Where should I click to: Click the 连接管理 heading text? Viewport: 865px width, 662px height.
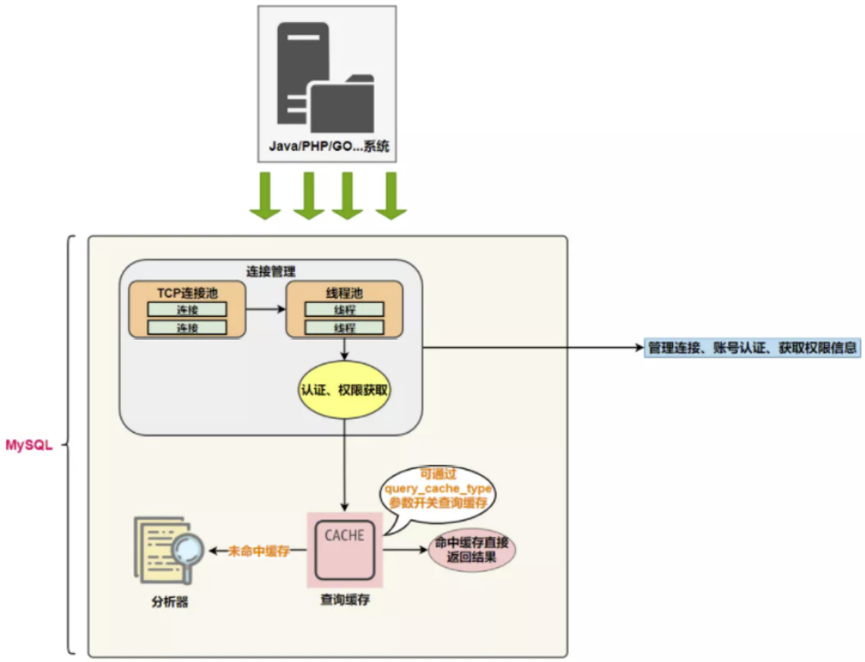(270, 271)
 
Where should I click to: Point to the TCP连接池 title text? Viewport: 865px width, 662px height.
(186, 292)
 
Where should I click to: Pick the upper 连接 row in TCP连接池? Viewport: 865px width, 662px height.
(186, 310)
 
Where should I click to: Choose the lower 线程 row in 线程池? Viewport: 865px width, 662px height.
(344, 328)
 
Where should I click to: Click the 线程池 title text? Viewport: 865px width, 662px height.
(344, 292)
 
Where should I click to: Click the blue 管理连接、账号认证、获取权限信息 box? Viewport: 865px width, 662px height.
(753, 348)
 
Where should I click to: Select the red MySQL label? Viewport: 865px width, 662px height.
(29, 446)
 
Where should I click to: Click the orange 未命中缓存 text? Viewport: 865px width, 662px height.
(258, 551)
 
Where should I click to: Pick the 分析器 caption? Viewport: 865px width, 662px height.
(170, 603)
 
